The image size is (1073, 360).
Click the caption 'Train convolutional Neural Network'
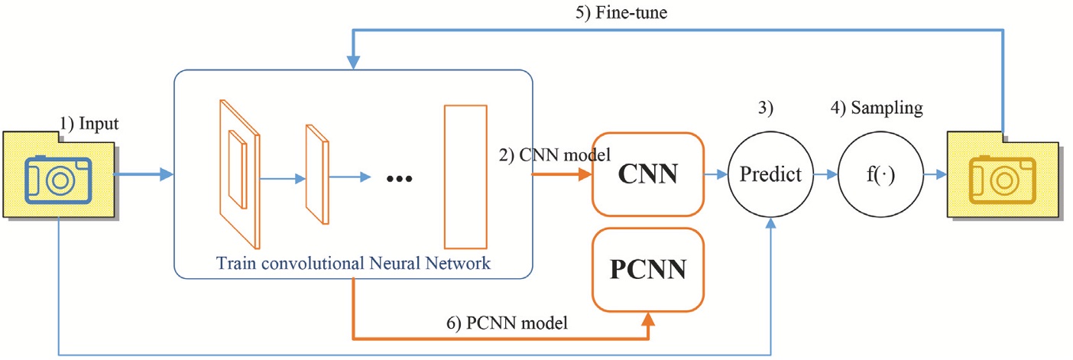click(352, 263)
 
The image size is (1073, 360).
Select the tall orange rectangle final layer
click(465, 177)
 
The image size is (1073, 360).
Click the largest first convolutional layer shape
click(238, 174)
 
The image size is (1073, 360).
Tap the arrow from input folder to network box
click(142, 175)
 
